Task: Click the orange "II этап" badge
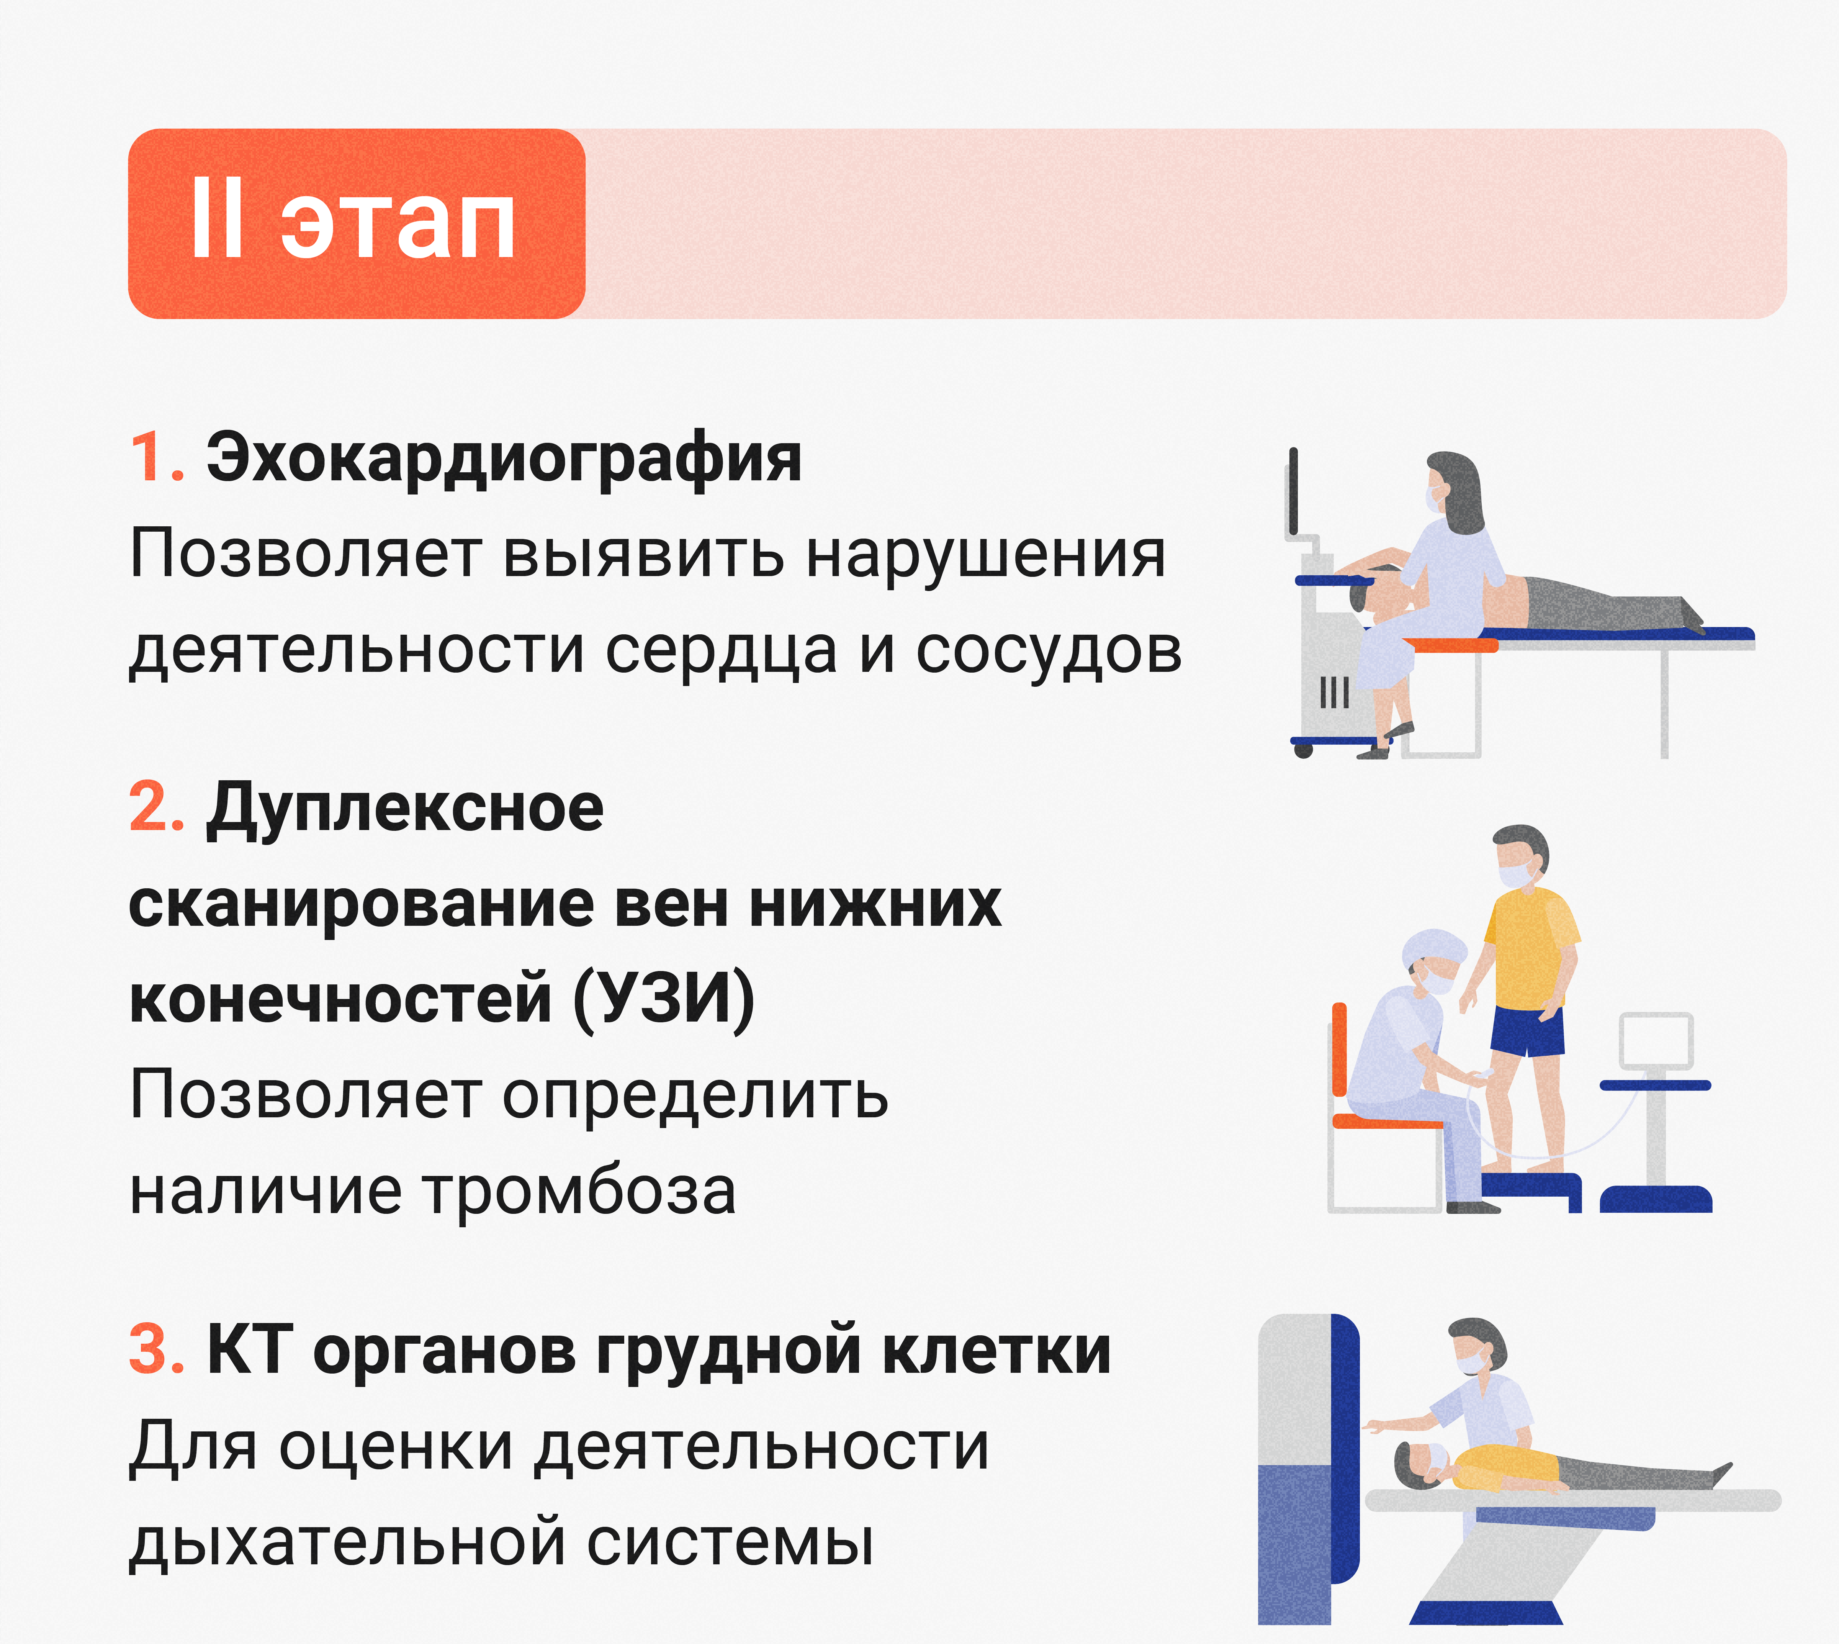click(357, 224)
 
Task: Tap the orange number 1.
click(155, 458)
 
